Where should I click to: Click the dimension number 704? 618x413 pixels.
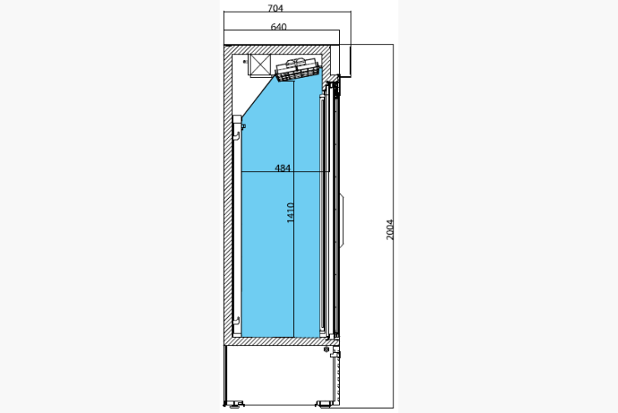pos(275,8)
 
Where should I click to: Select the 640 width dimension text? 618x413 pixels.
pos(279,27)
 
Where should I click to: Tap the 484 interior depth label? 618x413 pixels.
pos(282,168)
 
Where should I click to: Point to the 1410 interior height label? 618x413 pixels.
pos(291,212)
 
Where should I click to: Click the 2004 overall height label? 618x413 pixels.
pos(389,230)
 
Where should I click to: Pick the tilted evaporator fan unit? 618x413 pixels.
pos(298,70)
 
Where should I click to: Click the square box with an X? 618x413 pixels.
pos(260,64)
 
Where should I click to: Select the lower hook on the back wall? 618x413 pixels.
pos(236,320)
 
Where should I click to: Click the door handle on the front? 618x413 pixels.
pos(342,220)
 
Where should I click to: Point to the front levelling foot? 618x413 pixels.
pos(324,404)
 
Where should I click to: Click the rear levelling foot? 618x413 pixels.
pos(234,404)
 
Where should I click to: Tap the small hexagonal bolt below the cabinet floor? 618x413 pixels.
pos(326,349)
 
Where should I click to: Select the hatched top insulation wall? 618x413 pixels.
pos(277,50)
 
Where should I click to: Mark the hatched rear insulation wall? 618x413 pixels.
pos(228,196)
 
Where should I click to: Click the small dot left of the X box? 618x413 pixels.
pos(245,62)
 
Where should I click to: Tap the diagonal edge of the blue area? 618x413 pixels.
pos(259,96)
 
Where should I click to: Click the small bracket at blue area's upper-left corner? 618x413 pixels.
pos(243,126)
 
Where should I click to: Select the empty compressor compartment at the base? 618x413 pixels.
pos(277,375)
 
